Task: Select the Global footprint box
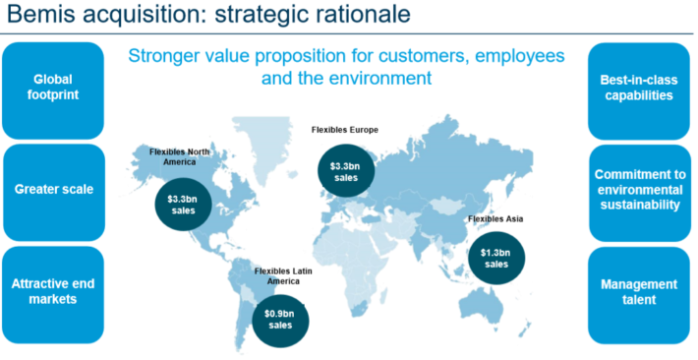(53, 90)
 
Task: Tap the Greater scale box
(54, 193)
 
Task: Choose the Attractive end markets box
(53, 294)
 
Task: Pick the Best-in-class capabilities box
(639, 90)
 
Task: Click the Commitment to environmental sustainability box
(640, 193)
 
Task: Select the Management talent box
(639, 295)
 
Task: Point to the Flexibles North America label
(179, 156)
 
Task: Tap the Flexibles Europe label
(344, 130)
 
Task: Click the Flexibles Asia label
(495, 218)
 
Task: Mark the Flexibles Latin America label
(283, 275)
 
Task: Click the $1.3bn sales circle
(496, 259)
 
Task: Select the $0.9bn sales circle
(280, 320)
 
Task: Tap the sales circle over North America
(184, 205)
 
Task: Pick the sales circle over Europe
(345, 171)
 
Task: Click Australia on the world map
(486, 304)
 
